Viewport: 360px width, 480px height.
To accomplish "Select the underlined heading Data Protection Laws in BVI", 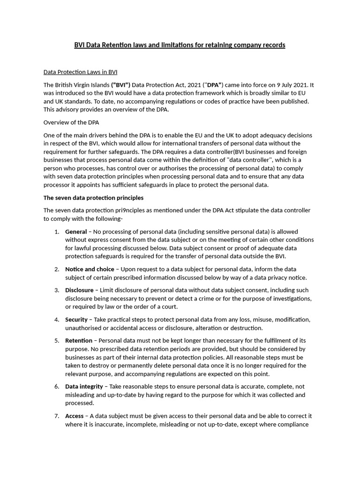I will pos(80,72).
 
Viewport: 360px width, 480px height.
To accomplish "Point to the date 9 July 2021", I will pos(285,85).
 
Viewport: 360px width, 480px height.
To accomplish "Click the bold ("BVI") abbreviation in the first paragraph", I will pos(120,85).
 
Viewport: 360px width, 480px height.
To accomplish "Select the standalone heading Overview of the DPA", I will pos(71,123).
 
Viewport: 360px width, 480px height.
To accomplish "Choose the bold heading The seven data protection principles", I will pos(93,198).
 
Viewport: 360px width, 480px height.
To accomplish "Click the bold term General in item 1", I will pos(76,232).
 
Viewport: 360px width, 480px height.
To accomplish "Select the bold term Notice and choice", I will pos(90,269).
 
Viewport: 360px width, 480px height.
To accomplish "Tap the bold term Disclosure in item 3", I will pos(79,290).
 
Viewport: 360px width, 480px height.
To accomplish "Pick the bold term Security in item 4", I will pos(76,320).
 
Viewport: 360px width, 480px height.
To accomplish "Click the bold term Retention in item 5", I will pos(79,341).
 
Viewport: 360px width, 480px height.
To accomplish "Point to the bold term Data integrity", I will pos(84,387).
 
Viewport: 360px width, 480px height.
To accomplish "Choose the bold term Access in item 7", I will pos(75,416).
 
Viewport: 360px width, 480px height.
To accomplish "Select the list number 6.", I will pos(56,387).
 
